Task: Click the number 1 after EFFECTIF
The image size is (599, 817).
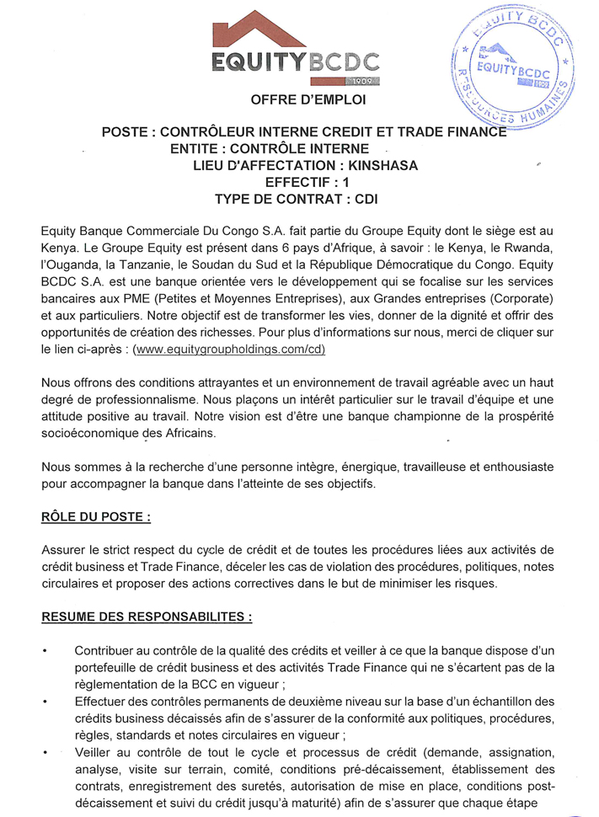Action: (x=345, y=182)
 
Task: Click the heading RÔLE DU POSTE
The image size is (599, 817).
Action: (x=96, y=515)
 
